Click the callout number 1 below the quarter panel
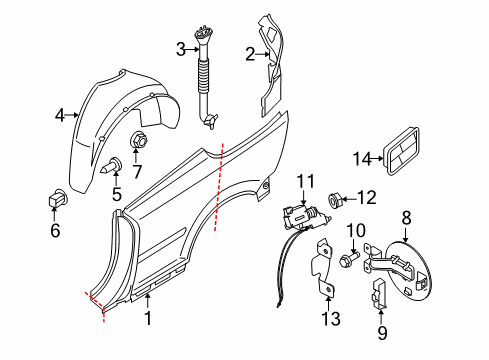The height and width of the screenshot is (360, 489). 150,320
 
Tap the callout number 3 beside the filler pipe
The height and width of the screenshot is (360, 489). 180,49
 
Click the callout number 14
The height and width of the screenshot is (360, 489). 362,157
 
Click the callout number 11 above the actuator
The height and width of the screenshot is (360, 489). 305,180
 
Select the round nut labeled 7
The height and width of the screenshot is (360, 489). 138,139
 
